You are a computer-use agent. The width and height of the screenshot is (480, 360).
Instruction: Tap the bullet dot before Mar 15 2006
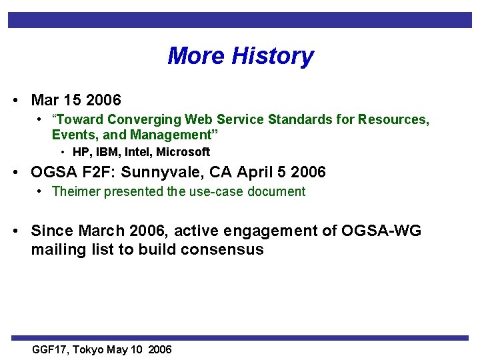tap(15, 100)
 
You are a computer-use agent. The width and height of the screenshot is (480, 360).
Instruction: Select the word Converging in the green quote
tap(146, 120)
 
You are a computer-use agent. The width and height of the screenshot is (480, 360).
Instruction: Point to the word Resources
tap(393, 120)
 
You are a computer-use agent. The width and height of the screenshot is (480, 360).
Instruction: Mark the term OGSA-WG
tap(381, 231)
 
